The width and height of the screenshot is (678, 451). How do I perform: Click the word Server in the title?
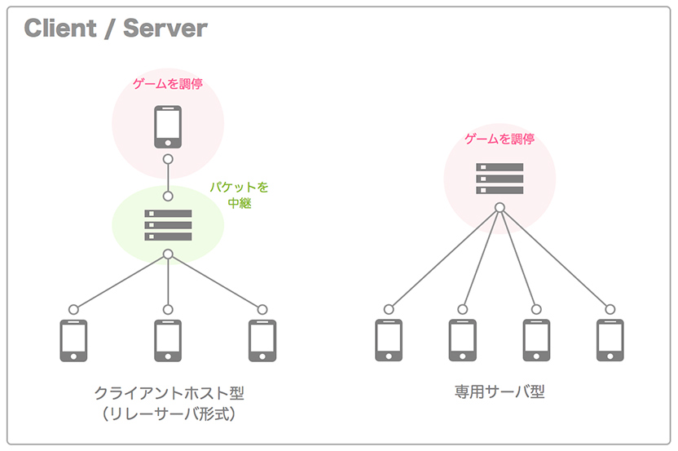coord(165,29)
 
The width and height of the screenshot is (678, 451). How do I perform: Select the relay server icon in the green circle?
coord(168,225)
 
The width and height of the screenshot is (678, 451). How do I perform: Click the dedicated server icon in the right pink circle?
coord(500,179)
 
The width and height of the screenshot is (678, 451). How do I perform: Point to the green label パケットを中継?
coord(240,195)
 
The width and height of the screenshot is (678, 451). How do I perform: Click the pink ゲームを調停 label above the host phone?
coord(168,83)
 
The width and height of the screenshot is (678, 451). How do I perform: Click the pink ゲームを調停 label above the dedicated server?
coord(500,139)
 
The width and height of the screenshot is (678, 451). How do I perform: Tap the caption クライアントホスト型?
coord(169,393)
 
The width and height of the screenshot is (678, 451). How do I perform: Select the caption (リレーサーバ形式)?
coord(169,414)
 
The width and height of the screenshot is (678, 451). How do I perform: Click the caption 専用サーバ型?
coord(500,392)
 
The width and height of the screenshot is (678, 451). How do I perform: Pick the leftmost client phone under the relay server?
coord(73,340)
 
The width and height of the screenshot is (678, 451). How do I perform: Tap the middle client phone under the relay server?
coord(168,340)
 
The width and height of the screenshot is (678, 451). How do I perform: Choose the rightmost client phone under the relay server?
coord(262,340)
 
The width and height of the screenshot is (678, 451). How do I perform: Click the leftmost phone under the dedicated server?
coord(389,340)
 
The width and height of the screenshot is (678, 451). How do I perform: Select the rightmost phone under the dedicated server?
coord(610,340)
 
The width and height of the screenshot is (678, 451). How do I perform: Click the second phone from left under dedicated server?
coord(463,340)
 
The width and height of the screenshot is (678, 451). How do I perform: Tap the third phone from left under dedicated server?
coord(536,340)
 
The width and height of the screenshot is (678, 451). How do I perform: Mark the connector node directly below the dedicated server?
coord(500,207)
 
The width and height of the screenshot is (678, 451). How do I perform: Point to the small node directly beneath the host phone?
coord(168,159)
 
